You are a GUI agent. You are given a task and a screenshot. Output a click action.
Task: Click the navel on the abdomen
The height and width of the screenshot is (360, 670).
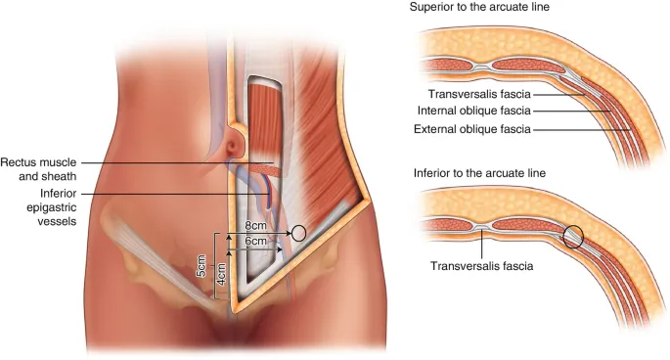(x=234, y=144)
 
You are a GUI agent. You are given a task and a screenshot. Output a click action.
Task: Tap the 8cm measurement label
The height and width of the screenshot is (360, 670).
(x=256, y=228)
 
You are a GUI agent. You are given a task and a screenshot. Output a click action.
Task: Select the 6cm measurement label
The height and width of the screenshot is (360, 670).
(x=256, y=241)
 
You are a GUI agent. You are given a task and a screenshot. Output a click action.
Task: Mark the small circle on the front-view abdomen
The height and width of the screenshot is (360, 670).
(x=299, y=233)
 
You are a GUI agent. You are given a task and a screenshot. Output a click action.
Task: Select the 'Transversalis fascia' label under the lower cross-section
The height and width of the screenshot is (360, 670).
(x=481, y=264)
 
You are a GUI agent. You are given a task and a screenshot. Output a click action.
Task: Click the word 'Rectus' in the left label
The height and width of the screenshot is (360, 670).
(x=20, y=161)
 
